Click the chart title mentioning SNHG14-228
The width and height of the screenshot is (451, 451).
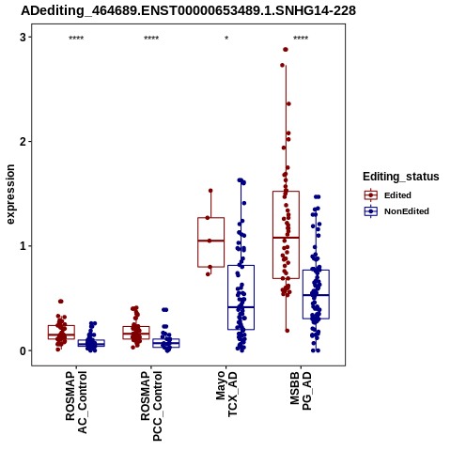(189, 10)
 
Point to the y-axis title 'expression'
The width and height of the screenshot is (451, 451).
(10, 194)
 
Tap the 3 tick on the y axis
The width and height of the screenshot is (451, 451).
(23, 38)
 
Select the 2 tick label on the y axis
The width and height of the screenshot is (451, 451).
(23, 142)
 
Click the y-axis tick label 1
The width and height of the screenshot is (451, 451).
(23, 246)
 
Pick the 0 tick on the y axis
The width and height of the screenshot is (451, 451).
(23, 350)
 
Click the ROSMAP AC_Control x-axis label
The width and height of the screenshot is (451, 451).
(76, 402)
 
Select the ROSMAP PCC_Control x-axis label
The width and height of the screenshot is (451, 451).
(151, 406)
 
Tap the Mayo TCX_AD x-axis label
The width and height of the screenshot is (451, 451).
(226, 394)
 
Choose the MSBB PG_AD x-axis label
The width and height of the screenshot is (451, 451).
(301, 391)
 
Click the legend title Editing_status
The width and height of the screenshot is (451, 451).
(401, 177)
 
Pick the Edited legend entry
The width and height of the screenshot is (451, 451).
(388, 195)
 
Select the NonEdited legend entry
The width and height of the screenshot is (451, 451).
(397, 211)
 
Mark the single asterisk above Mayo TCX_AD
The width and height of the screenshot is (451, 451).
(226, 39)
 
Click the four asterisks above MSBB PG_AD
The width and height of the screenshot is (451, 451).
(301, 39)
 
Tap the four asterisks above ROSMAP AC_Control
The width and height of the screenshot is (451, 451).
(76, 39)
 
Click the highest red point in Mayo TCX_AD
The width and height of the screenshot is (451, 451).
(210, 191)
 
